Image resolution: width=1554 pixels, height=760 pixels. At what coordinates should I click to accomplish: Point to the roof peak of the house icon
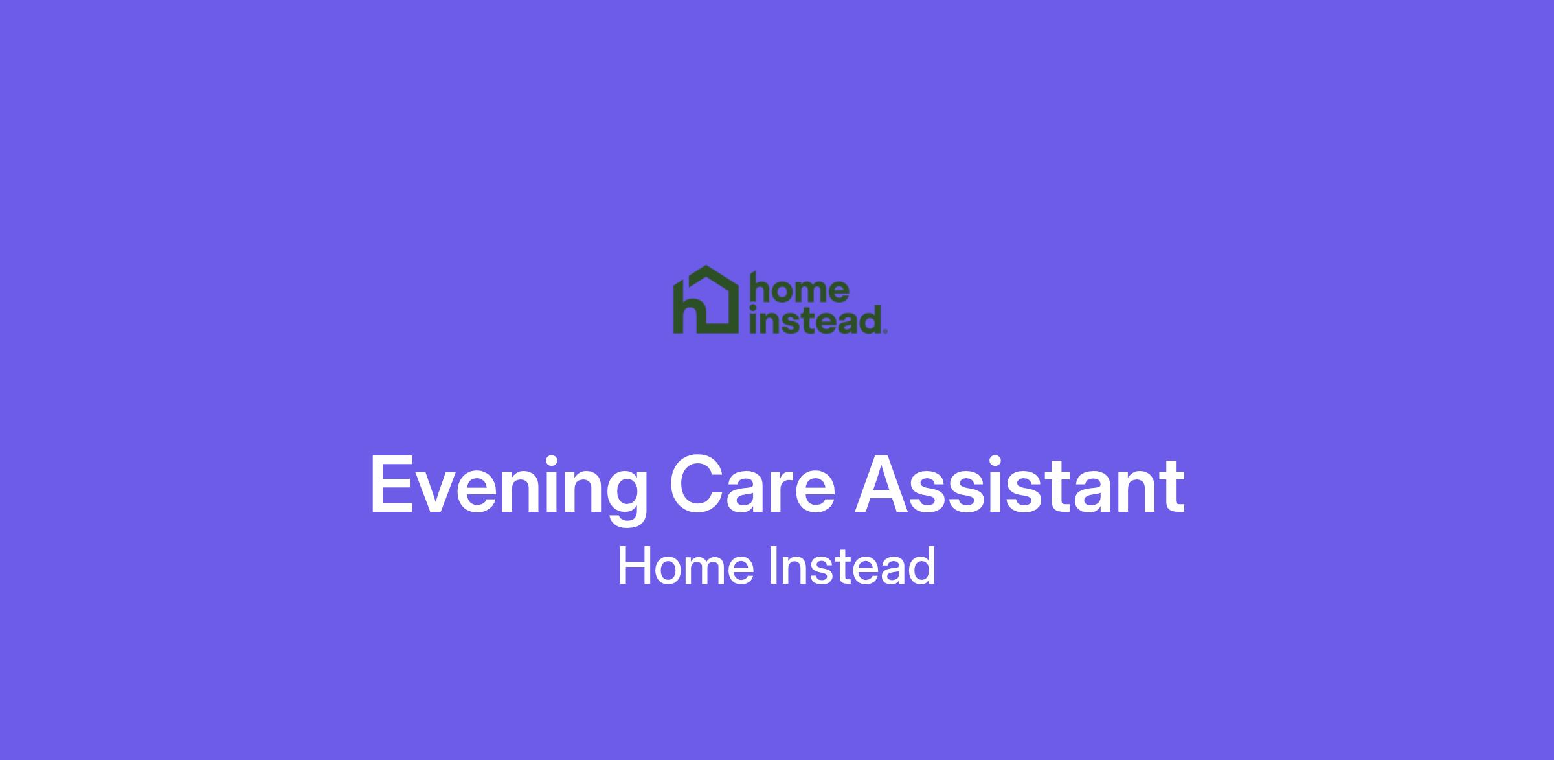coord(706,267)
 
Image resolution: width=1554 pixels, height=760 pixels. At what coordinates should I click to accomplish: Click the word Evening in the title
coord(508,487)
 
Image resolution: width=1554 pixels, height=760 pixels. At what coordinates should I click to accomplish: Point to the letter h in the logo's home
coord(760,290)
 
